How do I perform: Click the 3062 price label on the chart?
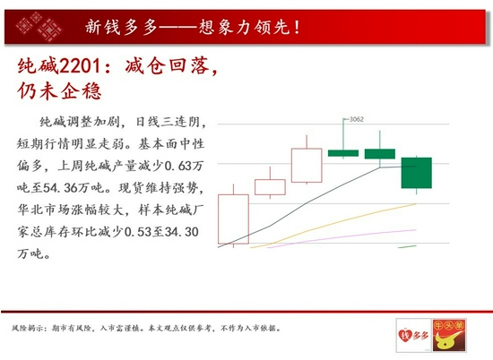[357, 119]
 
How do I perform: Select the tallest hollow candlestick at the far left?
[233, 219]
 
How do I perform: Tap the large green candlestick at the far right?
[416, 173]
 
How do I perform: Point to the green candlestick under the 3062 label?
[343, 153]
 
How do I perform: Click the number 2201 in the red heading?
[80, 66]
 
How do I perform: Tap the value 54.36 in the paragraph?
[60, 188]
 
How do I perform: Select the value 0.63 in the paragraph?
[178, 166]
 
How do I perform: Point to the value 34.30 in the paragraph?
[182, 232]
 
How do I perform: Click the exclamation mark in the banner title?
[297, 27]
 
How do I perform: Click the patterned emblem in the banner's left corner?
[39, 27]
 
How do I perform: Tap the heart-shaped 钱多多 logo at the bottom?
[413, 336]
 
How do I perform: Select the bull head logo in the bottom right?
[449, 335]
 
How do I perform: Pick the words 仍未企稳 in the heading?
[60, 91]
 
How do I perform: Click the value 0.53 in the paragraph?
[138, 232]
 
